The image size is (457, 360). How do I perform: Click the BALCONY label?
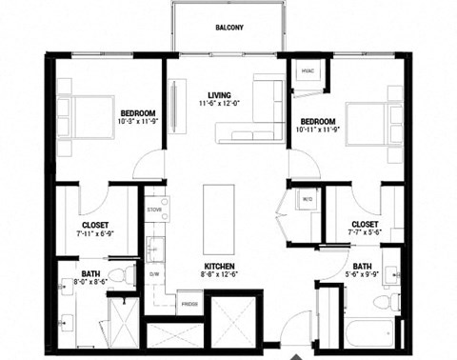coord(228,28)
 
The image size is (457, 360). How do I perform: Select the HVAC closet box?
coord(308,72)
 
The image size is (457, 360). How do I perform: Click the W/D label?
coord(308,199)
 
